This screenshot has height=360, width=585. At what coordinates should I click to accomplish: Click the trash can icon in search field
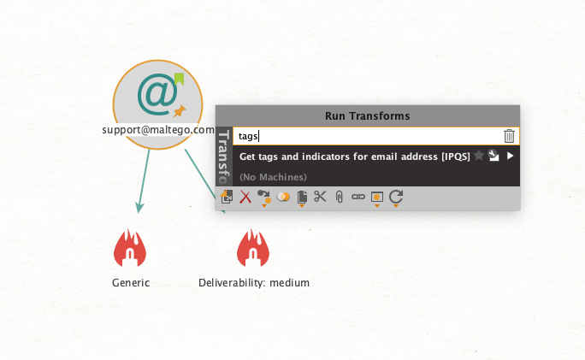(509, 136)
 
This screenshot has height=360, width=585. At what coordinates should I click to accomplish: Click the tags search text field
(368, 136)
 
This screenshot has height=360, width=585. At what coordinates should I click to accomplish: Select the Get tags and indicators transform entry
(354, 156)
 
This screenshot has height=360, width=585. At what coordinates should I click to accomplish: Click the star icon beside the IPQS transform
(479, 155)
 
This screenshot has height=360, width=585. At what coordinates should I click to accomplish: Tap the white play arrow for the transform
(510, 156)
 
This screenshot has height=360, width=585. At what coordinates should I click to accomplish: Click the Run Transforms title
(368, 116)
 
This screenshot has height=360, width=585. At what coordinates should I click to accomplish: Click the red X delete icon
(245, 197)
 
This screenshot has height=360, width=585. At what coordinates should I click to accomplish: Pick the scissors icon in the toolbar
(320, 196)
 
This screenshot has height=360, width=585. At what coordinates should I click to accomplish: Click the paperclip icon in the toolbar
(340, 197)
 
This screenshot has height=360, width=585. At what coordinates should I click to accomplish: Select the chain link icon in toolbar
(358, 197)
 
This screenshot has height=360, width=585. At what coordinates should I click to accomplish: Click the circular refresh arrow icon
(396, 196)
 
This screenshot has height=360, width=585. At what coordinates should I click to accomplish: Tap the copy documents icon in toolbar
(302, 197)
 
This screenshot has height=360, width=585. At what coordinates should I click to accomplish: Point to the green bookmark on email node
(179, 79)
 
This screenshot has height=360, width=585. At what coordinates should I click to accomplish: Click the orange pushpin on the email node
(180, 111)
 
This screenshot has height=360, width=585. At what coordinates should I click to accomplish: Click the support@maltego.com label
(158, 130)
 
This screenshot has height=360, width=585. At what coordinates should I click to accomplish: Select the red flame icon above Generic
(130, 247)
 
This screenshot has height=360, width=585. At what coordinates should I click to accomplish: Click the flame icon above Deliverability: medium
(253, 247)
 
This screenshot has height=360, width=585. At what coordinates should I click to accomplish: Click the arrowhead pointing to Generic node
(139, 208)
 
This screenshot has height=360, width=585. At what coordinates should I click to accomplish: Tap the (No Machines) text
(273, 177)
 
